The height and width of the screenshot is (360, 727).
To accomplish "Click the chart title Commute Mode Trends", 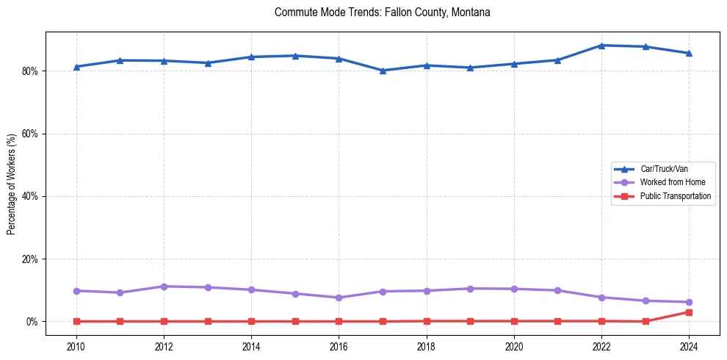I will tap(382, 12).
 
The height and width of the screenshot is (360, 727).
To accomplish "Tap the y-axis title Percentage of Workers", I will tap(11, 184).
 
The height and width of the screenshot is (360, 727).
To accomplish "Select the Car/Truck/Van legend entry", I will tap(664, 169).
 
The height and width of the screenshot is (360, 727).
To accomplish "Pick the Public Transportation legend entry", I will tap(675, 196).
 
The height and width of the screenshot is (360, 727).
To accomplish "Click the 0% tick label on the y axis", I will tap(32, 322).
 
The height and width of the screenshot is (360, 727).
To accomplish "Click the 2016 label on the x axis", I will tap(339, 345).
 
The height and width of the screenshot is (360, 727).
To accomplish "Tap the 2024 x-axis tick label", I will tap(689, 345).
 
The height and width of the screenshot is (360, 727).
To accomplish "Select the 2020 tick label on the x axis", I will tap(514, 345).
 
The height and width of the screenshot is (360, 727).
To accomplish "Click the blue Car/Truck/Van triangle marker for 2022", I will tap(601, 46).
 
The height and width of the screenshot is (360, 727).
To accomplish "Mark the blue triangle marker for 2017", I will tap(383, 71).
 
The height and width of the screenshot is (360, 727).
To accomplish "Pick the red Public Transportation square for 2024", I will tap(689, 312).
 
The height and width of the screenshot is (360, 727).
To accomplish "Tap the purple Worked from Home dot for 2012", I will tap(164, 287).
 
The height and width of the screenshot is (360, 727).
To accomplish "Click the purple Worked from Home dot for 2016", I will tap(339, 298).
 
